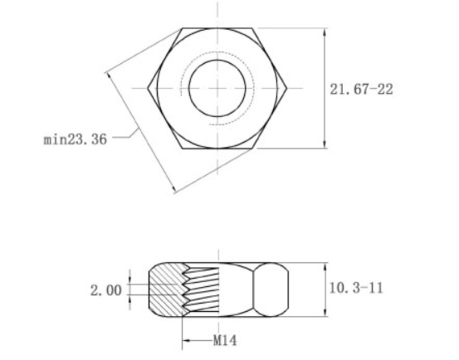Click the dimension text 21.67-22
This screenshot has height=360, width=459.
tap(361, 90)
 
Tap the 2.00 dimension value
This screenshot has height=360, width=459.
tap(105, 290)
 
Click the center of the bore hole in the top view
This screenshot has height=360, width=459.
tap(218, 88)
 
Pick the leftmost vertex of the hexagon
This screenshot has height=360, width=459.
tap(149, 88)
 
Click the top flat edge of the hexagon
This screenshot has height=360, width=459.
tap(218, 28)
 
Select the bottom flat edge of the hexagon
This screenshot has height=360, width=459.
tap(218, 148)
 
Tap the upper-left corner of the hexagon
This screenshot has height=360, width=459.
tap(183, 28)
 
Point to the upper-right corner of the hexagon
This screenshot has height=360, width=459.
tap(253, 28)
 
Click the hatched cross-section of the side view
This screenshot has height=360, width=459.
tap(164, 290)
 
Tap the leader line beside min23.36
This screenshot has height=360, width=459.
tap(124, 135)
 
